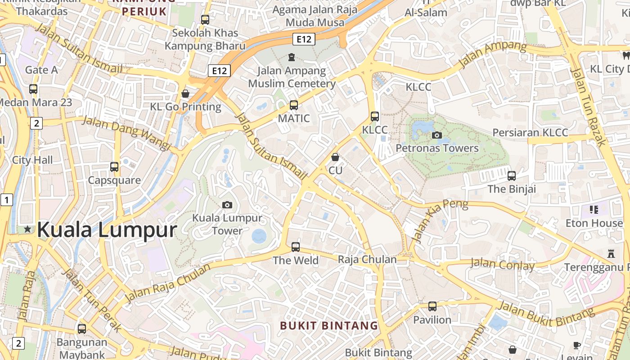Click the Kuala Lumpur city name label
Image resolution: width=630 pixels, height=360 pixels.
tap(107, 229)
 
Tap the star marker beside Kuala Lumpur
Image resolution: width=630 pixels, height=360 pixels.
tap(28, 229)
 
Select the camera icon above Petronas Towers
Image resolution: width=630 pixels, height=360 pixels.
tap(436, 135)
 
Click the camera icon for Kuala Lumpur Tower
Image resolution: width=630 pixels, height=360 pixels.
tap(227, 205)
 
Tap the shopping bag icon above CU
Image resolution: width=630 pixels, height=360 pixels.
tap(335, 157)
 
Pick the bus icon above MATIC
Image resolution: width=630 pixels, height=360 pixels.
tap(294, 105)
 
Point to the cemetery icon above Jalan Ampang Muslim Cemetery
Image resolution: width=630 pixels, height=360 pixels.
tap(292, 57)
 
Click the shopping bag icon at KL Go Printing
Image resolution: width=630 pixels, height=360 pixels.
tap(185, 94)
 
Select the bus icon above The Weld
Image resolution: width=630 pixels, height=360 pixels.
tap(296, 247)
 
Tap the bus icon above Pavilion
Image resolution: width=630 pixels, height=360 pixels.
tap(432, 306)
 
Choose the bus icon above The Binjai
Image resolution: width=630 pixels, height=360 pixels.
tap(512, 175)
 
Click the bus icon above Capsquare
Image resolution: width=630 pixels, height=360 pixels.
tap(114, 167)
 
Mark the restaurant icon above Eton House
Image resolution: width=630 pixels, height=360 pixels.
tap(594, 210)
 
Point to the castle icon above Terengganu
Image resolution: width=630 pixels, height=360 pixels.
tap(611, 253)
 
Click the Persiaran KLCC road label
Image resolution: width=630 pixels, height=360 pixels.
tap(530, 133)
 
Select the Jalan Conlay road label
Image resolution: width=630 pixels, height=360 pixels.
tap(502, 264)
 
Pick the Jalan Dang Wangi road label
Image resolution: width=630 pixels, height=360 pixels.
tap(127, 133)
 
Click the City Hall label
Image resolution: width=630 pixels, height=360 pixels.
tap(32, 160)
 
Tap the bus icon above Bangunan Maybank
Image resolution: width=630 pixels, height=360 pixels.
tap(82, 329)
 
